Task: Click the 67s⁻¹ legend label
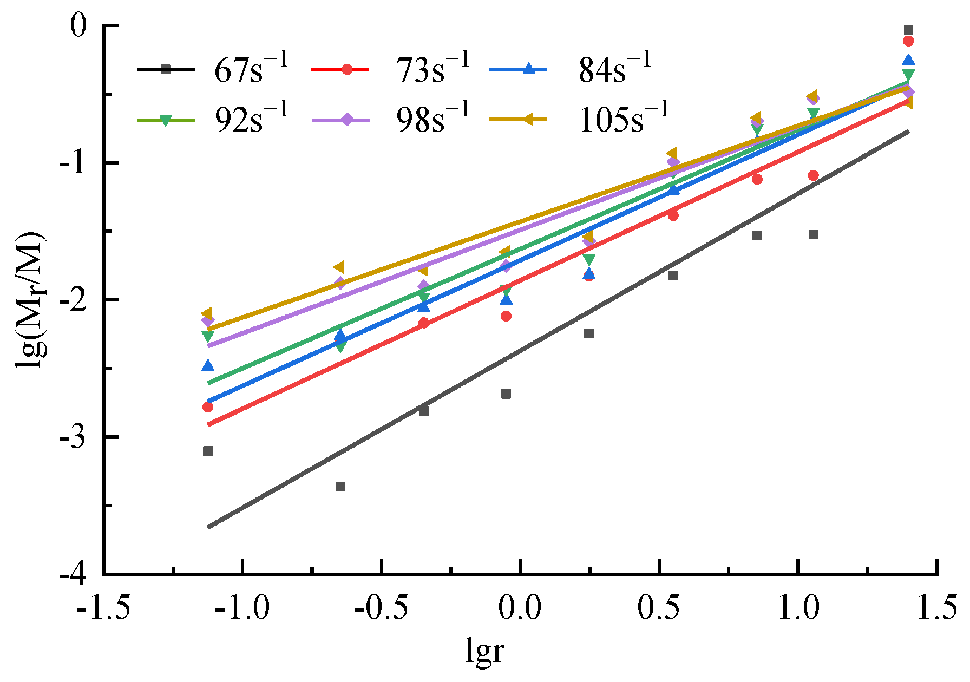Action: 251,69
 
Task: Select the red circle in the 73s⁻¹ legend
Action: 347,69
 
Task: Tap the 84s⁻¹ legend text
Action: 615,69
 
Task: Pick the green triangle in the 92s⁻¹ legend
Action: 166,120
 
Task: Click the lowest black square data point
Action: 340,487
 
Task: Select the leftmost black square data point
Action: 208,451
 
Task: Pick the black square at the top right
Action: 908,30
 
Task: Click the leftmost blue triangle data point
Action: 208,366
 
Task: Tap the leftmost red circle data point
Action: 208,407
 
